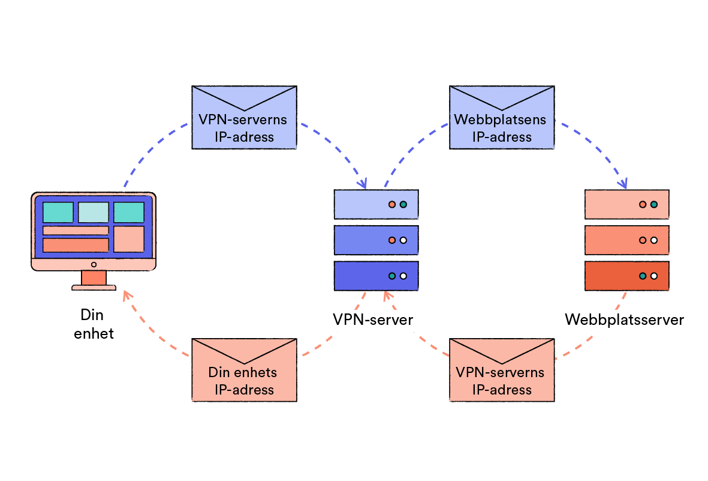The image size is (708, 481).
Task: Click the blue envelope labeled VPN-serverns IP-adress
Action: [x=244, y=117]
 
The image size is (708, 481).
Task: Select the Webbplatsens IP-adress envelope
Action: [x=501, y=117]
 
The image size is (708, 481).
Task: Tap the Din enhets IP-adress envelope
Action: [x=244, y=370]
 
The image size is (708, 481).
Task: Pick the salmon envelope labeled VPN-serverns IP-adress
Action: [x=501, y=370]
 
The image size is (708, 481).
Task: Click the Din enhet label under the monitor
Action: [x=94, y=324]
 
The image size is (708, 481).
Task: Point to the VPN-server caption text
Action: [x=373, y=319]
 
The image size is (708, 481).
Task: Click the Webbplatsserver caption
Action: [x=624, y=319]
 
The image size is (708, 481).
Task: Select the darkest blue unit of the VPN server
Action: [x=376, y=276]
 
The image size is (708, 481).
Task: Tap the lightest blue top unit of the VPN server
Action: [x=376, y=204]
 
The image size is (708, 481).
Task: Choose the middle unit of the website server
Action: [x=626, y=240]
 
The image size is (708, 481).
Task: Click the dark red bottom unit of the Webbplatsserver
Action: [x=626, y=276]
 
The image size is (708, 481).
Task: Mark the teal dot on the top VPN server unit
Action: [x=403, y=205]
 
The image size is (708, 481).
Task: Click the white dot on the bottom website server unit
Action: [x=654, y=276]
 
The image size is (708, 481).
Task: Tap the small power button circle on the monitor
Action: [x=94, y=264]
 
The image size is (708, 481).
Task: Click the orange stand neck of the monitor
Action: [x=94, y=277]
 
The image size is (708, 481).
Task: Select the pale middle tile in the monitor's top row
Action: [x=94, y=213]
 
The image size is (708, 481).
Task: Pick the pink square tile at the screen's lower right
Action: [x=128, y=239]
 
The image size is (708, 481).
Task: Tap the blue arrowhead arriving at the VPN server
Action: [x=363, y=184]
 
